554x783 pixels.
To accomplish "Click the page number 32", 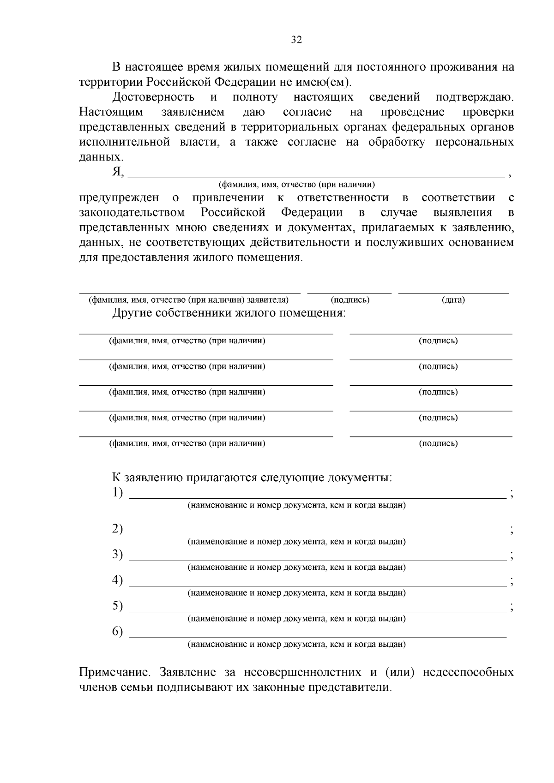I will pyautogui.click(x=296, y=40).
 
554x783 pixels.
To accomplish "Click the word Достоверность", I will pyautogui.click(x=153, y=97).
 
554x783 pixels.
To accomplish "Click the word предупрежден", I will pyautogui.click(x=119, y=198).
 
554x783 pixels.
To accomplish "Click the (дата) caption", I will pyautogui.click(x=453, y=300).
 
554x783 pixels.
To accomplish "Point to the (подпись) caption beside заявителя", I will pyautogui.click(x=350, y=300).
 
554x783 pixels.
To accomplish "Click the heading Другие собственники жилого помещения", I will pyautogui.click(x=229, y=313).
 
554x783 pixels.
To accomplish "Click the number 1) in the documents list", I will pyautogui.click(x=118, y=493).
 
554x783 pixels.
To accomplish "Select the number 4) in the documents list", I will pyautogui.click(x=118, y=580).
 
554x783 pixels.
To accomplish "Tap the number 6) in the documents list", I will pyautogui.click(x=118, y=632).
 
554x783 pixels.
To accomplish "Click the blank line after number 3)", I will pyautogui.click(x=318, y=559).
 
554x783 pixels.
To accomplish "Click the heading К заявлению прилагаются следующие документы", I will pyautogui.click(x=252, y=478).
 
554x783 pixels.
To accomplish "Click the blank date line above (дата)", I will pyautogui.click(x=453, y=292).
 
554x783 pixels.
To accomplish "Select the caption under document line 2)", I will pyautogui.click(x=296, y=542).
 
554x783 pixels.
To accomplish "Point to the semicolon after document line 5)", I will pyautogui.click(x=511, y=608).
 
